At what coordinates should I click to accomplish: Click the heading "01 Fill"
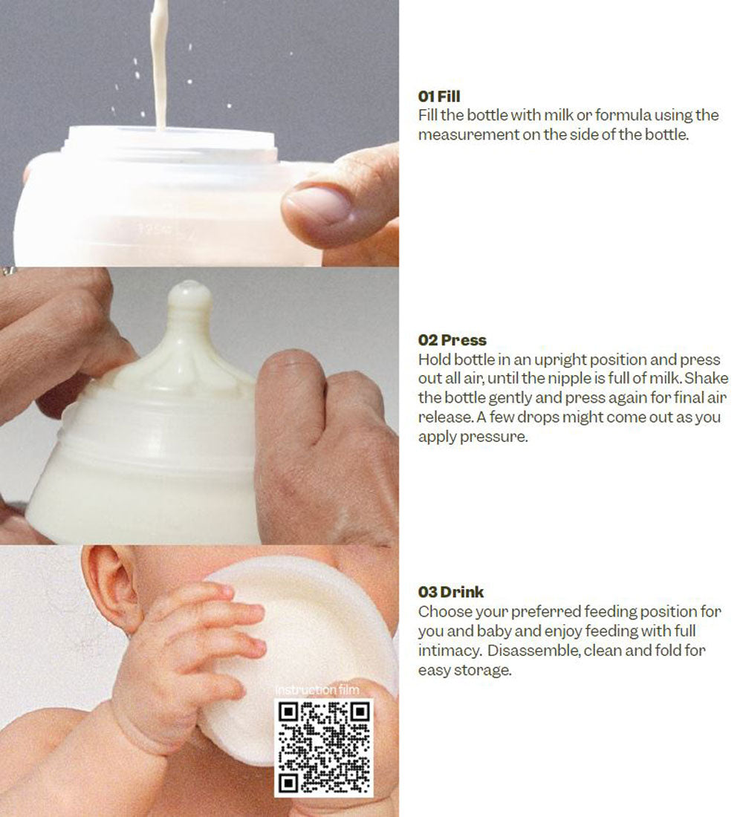click(439, 97)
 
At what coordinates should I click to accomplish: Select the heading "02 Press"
click(452, 340)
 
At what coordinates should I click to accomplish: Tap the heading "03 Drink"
click(451, 592)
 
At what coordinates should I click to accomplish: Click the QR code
click(324, 747)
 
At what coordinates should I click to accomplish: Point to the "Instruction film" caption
click(317, 690)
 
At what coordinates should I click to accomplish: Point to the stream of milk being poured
click(160, 62)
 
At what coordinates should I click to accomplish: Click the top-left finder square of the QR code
click(288, 712)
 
